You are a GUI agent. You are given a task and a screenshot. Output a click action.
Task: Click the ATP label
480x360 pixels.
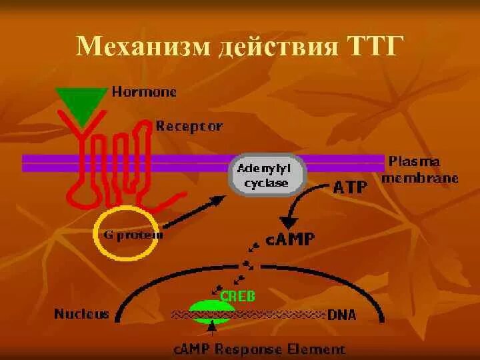point(349,187)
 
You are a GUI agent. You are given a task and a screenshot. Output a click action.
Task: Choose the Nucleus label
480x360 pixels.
point(81,315)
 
